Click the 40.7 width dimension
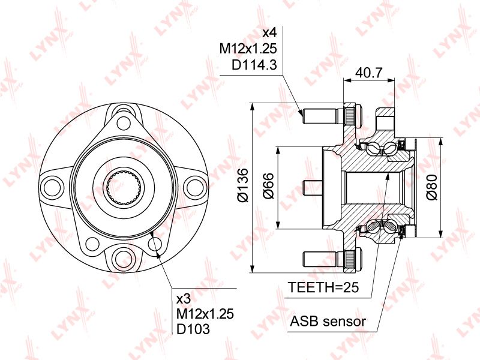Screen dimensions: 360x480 click(369, 73)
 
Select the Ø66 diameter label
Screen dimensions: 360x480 click(269, 187)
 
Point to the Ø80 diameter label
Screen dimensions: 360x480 click(430, 187)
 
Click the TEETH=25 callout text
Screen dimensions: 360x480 click(323, 288)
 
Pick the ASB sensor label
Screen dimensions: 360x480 click(328, 321)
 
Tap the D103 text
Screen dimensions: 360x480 click(193, 329)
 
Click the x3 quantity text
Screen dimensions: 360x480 click(183, 298)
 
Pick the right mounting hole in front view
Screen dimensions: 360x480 click(194, 186)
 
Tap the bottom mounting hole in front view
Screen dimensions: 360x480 click(124, 258)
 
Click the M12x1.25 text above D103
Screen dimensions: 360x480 click(205, 313)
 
